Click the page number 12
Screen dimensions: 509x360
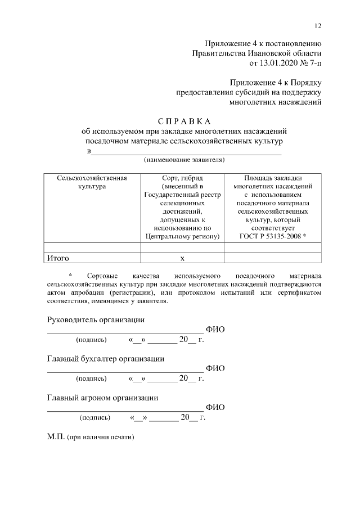point(318,26)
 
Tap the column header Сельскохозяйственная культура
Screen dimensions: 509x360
point(92,182)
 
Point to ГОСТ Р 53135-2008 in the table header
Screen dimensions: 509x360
point(273,237)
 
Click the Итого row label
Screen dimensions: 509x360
point(58,258)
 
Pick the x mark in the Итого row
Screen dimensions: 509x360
point(182,259)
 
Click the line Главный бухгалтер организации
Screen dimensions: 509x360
point(105,358)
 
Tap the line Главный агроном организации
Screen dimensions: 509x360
point(102,397)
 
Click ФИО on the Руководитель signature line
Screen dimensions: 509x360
point(215,330)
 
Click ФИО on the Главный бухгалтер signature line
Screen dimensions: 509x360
point(215,368)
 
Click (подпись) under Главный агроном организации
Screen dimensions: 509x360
point(95,418)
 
